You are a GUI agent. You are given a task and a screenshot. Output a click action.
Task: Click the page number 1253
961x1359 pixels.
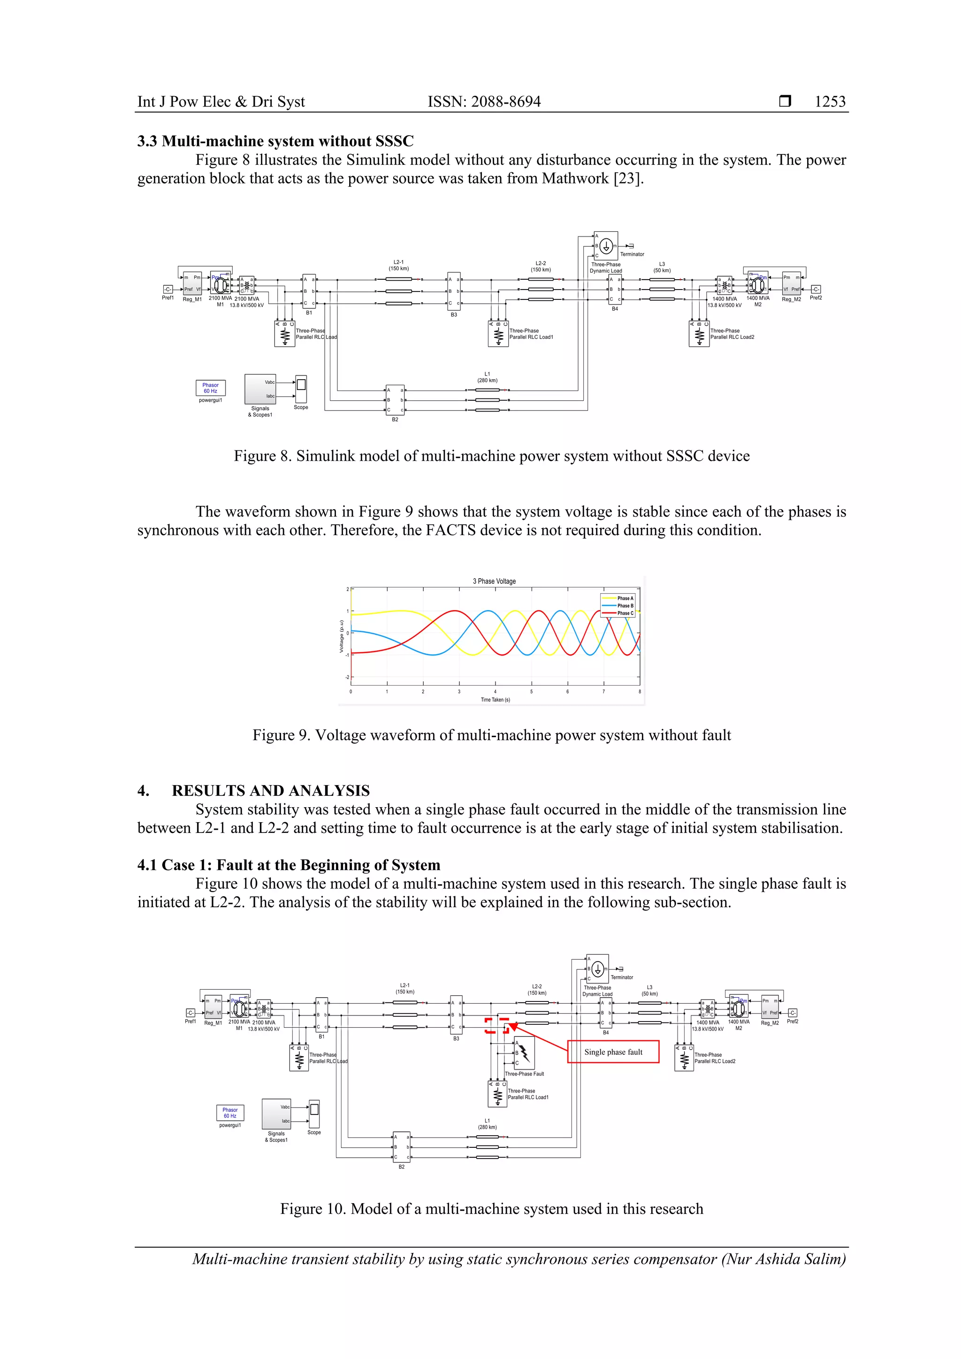click(x=830, y=101)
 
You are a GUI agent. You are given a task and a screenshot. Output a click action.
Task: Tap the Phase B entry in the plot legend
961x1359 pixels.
click(x=624, y=605)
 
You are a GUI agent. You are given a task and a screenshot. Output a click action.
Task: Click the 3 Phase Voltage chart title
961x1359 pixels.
click(x=494, y=581)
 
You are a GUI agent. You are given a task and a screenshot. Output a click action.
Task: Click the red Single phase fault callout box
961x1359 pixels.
click(x=613, y=1052)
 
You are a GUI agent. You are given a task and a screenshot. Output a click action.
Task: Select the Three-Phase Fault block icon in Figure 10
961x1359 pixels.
click(x=524, y=1053)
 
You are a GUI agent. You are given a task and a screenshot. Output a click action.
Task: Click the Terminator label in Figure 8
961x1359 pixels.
click(x=632, y=254)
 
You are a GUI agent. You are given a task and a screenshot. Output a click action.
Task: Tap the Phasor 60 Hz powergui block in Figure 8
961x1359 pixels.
click(x=210, y=388)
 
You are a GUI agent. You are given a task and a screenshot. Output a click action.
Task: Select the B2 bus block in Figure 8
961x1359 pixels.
click(x=395, y=400)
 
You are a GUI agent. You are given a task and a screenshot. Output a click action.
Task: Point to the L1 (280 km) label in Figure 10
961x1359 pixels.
click(x=487, y=1123)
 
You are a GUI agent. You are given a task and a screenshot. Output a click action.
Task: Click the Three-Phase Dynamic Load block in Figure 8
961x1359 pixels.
click(x=605, y=245)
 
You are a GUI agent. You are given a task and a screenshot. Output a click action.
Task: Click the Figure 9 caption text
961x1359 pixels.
click(x=491, y=735)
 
